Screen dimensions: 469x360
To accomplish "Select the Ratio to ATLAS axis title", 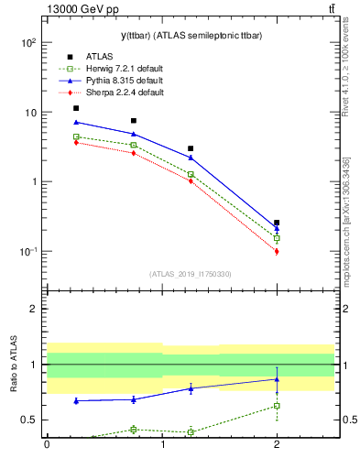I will (x=14, y=364).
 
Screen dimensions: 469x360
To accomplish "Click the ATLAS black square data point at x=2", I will (x=277, y=223).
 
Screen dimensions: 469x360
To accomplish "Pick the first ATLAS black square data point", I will (x=76, y=108).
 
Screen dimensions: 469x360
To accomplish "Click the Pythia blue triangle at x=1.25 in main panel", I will (x=191, y=158).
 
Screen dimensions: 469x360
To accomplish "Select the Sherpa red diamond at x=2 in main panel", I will (x=277, y=251).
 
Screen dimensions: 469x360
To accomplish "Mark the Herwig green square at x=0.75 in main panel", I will (x=134, y=145).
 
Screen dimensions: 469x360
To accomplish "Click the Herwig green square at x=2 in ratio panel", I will (x=277, y=406).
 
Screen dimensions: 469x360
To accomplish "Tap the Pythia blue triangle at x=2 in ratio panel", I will (x=277, y=379).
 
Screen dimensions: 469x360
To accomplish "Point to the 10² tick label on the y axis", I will (x=28, y=43).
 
